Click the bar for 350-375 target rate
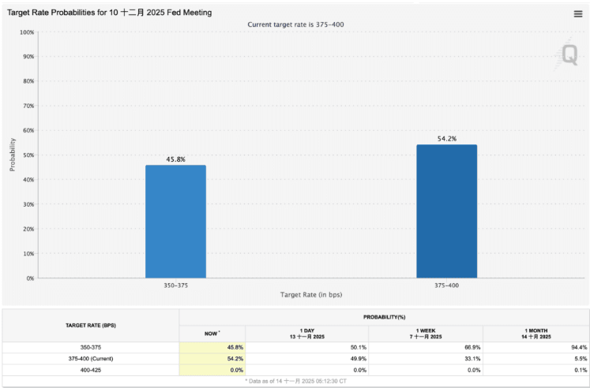[175, 222]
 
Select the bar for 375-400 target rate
[447, 211]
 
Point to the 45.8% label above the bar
[175, 159]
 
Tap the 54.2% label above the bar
[447, 139]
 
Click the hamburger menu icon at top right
[578, 13]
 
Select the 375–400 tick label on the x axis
[447, 285]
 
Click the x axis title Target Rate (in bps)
[311, 295]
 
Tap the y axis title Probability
[13, 155]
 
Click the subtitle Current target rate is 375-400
[295, 24]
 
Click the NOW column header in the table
[212, 334]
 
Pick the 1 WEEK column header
[425, 334]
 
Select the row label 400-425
[90, 369]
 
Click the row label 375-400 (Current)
[90, 358]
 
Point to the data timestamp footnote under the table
[295, 380]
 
